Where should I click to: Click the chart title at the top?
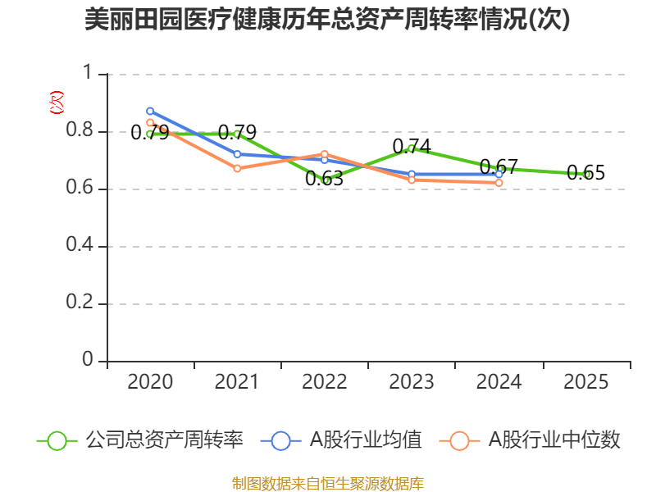click(327, 20)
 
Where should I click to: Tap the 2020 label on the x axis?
click(150, 382)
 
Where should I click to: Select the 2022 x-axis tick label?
click(325, 382)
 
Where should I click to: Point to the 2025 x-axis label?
click(586, 382)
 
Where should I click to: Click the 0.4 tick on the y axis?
click(80, 247)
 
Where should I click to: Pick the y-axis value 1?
click(89, 75)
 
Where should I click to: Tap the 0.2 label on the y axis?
click(80, 304)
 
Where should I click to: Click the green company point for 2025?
click(586, 174)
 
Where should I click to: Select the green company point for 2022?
click(325, 180)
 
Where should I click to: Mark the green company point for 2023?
click(412, 148)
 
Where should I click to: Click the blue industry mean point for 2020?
click(150, 111)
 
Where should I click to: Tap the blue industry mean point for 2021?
click(237, 154)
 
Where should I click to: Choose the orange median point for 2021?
click(237, 168)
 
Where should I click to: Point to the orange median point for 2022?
click(325, 154)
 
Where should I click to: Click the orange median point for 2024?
click(499, 183)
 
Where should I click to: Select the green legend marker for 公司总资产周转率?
click(57, 440)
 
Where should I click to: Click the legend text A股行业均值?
click(365, 440)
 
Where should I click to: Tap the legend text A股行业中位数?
click(554, 440)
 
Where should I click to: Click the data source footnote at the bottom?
click(327, 483)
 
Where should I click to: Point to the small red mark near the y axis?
click(56, 102)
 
